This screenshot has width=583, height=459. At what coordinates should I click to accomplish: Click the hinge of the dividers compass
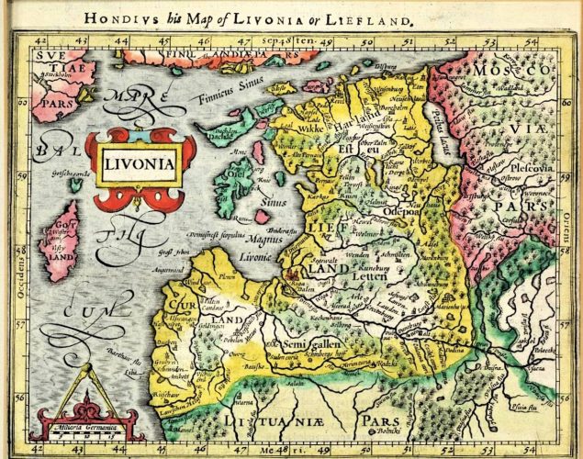pyautogui.click(x=85, y=366)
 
